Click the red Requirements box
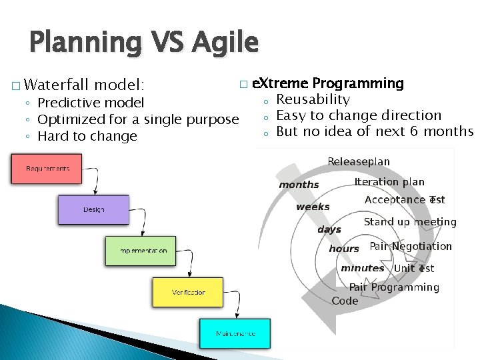click(47, 169)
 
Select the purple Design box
click(94, 209)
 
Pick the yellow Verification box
click(189, 292)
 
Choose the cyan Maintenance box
click(235, 333)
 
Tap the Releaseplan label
click(359, 162)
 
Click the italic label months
click(299, 185)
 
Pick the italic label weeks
click(313, 207)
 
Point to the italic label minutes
click(362, 268)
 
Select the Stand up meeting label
click(409, 222)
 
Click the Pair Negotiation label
click(411, 246)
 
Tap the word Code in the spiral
click(345, 301)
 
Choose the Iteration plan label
click(389, 182)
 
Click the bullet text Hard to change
click(87, 136)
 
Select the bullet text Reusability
click(313, 99)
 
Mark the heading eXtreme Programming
click(329, 83)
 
